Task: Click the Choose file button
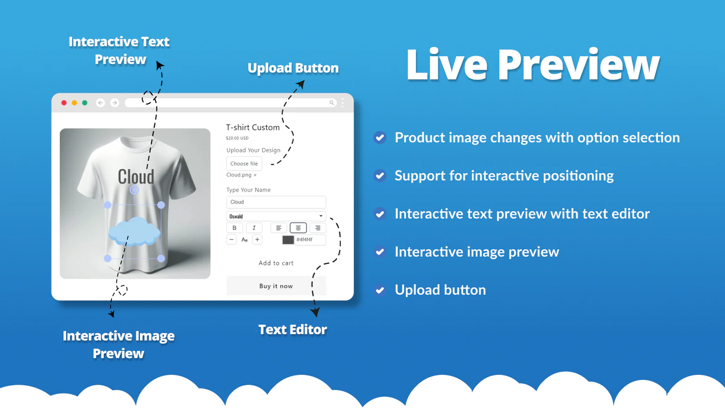(244, 164)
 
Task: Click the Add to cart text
(276, 263)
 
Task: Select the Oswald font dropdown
(276, 216)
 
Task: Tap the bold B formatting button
(234, 228)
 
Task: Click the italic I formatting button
(254, 228)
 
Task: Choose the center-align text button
(298, 228)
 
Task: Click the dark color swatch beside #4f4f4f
(288, 240)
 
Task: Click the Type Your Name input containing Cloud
(276, 202)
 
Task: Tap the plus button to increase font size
(257, 240)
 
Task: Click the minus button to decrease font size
(231, 240)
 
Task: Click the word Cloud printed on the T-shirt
(136, 177)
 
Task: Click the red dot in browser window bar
(64, 103)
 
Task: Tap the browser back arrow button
(100, 103)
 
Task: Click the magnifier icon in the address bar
(332, 103)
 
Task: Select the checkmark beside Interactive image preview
(380, 252)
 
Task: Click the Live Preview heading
(532, 65)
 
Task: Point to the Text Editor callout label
(293, 330)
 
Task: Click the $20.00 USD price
(237, 138)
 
